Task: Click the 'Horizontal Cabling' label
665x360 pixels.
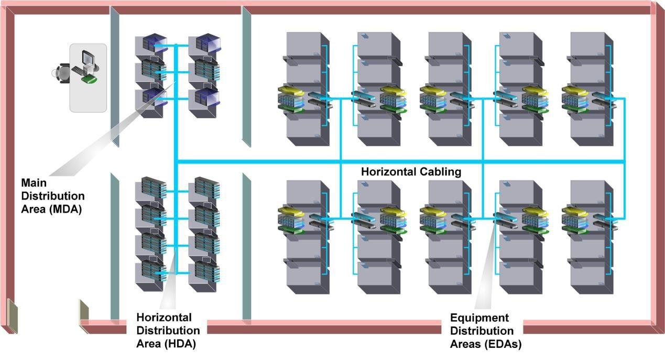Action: tap(411, 172)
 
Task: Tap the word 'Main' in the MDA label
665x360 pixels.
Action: tap(34, 183)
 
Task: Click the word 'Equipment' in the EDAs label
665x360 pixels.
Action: tap(479, 318)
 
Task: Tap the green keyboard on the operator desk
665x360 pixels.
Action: tap(90, 79)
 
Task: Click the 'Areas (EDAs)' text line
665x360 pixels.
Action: tap(486, 344)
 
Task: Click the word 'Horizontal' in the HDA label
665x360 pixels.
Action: tap(163, 318)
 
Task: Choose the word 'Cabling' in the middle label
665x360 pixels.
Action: tap(443, 172)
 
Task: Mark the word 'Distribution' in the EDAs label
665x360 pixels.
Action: tap(482, 331)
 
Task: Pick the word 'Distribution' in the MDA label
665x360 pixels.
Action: tap(52, 196)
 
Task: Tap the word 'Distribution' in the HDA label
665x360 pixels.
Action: tap(168, 331)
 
